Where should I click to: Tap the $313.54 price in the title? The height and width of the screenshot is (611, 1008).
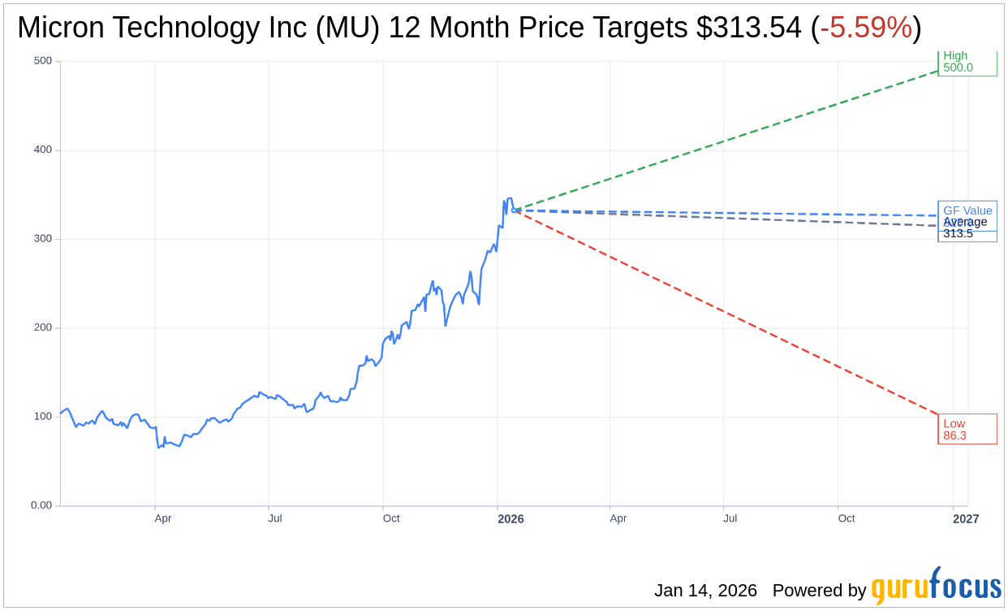[748, 28]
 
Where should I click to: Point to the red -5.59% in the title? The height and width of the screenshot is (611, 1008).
[866, 28]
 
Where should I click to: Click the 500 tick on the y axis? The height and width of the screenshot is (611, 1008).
[42, 61]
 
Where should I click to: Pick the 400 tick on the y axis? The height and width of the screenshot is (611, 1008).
[42, 149]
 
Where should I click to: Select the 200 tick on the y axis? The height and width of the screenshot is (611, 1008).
[42, 327]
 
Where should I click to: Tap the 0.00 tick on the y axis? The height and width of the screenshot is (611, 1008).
[41, 505]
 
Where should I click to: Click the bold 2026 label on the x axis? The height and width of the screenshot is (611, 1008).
[510, 519]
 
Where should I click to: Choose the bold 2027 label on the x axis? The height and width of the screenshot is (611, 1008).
[966, 519]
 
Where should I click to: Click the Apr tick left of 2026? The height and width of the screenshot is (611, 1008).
[163, 518]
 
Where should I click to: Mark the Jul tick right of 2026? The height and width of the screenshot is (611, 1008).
[730, 518]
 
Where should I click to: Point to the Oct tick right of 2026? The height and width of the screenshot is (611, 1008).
[846, 518]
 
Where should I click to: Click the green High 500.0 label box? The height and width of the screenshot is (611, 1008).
[967, 63]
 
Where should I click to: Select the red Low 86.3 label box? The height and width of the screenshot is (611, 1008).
[967, 429]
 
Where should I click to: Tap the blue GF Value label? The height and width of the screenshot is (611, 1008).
[967, 210]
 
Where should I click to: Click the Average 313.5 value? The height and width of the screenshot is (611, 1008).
[958, 234]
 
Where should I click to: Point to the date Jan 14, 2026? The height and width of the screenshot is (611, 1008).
[705, 591]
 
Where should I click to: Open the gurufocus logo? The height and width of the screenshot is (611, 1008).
[936, 587]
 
